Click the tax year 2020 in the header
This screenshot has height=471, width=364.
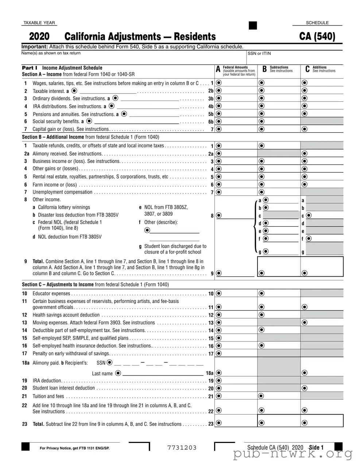pos(39,37)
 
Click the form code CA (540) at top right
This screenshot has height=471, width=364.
pos(317,37)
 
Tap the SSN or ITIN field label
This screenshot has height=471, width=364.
pos(259,54)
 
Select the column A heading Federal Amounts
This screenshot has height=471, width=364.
pos(235,67)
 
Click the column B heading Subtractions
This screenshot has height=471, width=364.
pos(279,67)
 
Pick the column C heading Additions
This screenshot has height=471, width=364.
pos(320,67)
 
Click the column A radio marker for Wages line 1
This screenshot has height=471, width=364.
pos(219,83)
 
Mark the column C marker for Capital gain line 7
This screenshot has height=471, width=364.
pos(305,129)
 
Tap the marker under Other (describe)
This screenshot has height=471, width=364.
pos(147,230)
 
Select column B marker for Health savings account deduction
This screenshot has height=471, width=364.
pos(262,315)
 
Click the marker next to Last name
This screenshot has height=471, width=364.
pos(118,373)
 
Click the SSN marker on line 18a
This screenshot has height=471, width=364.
pos(110,363)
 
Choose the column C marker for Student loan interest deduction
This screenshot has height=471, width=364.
pos(305,389)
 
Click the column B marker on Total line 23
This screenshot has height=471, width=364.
pos(262,423)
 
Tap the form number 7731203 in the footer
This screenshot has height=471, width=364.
pos(182,448)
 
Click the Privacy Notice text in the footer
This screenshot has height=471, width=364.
pos(74,448)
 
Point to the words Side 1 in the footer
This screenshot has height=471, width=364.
pos(316,448)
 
